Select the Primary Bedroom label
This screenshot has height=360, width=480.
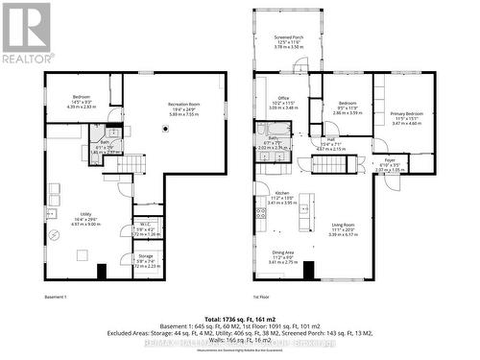click(406, 113)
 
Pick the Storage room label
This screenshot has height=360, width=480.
click(145, 256)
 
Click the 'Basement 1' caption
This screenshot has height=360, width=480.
click(55, 298)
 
